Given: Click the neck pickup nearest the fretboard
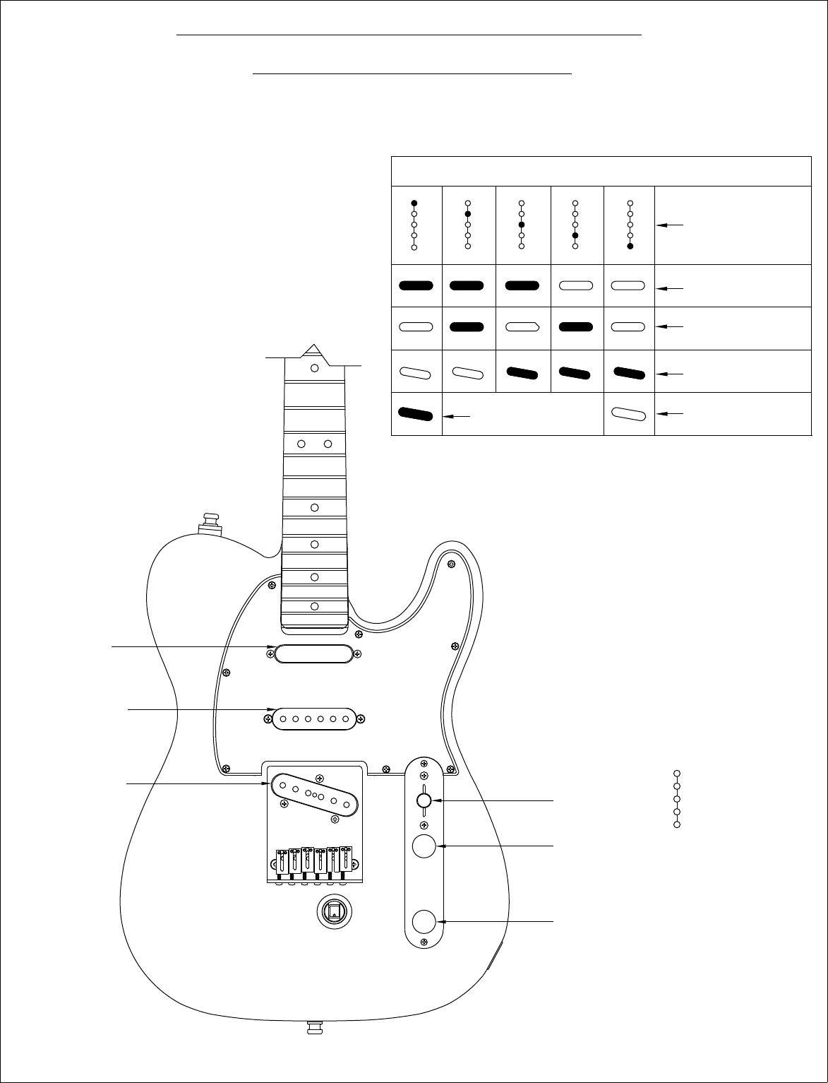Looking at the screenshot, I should pos(313,653).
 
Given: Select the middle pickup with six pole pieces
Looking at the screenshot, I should pos(314,719).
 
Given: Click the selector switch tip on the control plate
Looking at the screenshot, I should pos(424,800).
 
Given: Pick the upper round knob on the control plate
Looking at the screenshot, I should pos(424,846).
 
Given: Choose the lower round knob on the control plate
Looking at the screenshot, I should pos(424,922).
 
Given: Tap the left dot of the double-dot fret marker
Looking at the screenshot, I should pos(301,444).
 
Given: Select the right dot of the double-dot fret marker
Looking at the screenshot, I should pos(328,444).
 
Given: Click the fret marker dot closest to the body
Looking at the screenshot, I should pos(315,606).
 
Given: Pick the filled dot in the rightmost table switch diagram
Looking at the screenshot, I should pos(630,247).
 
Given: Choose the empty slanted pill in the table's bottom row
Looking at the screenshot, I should pos(629,413).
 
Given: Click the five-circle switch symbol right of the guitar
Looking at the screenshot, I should pos(676,799).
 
